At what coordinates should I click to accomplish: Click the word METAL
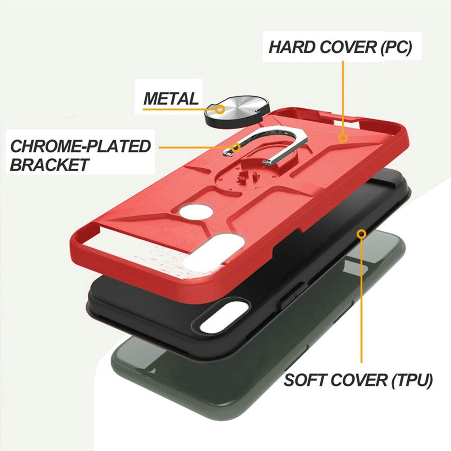tap(171, 98)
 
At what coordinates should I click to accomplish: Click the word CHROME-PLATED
tap(81, 146)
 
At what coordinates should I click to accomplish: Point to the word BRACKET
tap(50, 165)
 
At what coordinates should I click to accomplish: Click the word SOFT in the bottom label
tap(306, 380)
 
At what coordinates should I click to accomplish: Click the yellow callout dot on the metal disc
tap(221, 109)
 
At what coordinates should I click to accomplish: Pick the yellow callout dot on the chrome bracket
tap(236, 147)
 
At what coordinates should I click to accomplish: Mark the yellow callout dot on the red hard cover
tap(343, 138)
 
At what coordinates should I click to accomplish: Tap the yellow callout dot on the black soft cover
tap(361, 234)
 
